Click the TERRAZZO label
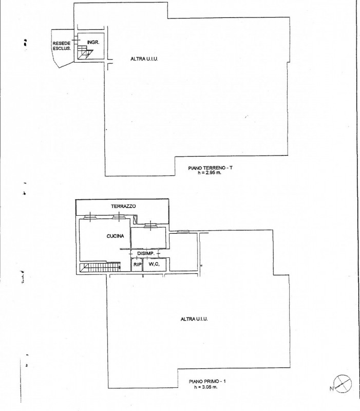123,207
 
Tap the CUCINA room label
115,236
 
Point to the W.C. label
154,264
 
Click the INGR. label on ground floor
93,42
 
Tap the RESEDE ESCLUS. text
62,46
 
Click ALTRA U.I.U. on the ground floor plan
144,59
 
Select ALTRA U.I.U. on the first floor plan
194,319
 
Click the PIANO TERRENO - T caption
210,168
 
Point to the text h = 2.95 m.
210,173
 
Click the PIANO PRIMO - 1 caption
207,381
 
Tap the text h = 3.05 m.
206,387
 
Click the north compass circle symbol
343,384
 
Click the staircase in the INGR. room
85,53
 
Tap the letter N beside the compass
332,389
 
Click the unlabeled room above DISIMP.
148,237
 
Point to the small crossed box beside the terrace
135,220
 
